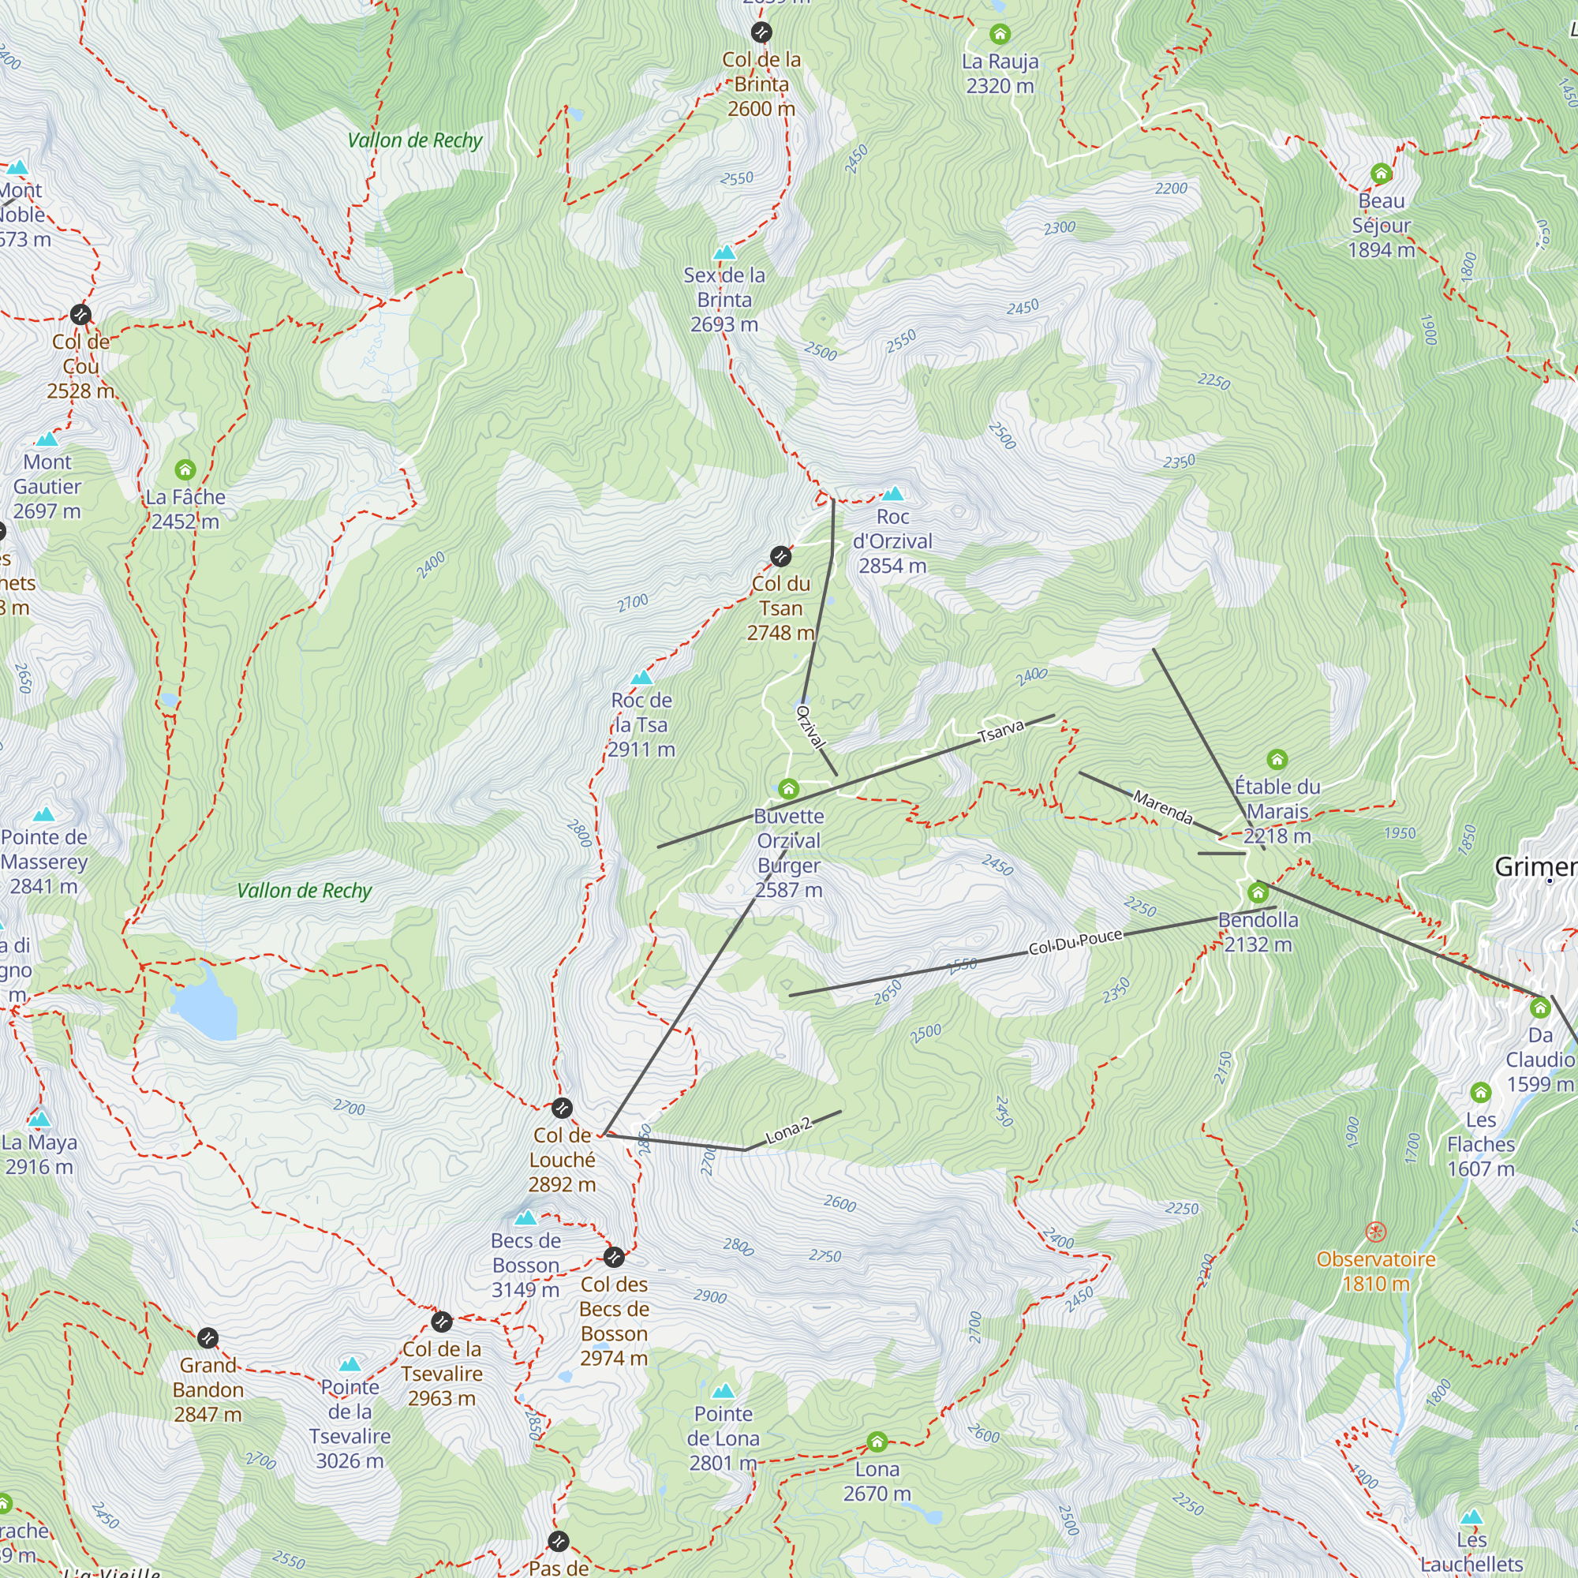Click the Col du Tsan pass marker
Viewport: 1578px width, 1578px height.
(x=780, y=556)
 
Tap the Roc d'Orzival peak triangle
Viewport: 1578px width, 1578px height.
(x=892, y=493)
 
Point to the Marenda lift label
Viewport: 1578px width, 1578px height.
(x=1163, y=807)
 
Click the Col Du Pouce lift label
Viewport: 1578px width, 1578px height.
(x=1075, y=942)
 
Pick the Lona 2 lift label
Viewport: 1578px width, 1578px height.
(x=788, y=1131)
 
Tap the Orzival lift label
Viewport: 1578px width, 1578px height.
(x=810, y=726)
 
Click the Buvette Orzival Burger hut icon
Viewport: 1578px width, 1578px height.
(x=788, y=788)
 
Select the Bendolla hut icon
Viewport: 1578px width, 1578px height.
(x=1258, y=892)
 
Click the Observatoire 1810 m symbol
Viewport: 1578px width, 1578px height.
(x=1376, y=1232)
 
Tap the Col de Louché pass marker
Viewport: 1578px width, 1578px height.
(x=562, y=1109)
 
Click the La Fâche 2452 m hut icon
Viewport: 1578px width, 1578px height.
(x=185, y=469)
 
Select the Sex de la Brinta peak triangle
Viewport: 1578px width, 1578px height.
(x=724, y=252)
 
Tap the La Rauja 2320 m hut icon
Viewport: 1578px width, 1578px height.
(x=1000, y=34)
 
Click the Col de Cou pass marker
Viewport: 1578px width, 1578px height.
(x=80, y=315)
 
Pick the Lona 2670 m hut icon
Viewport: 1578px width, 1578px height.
(x=877, y=1442)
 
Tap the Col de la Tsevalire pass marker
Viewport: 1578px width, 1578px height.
(x=441, y=1321)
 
